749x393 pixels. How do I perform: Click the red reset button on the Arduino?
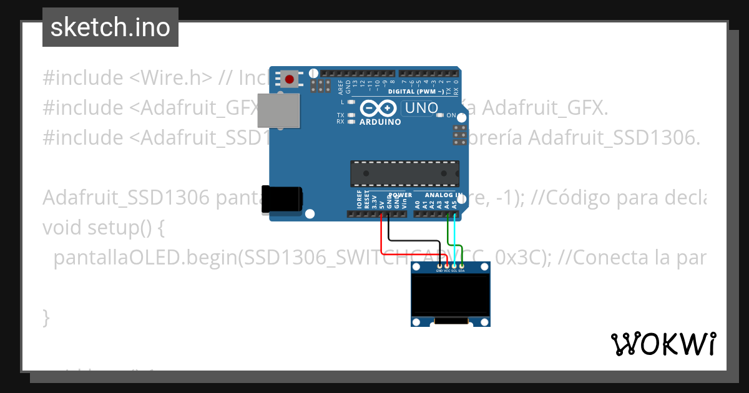point(290,79)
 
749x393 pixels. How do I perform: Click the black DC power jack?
point(281,200)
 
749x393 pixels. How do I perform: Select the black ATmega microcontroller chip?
point(404,173)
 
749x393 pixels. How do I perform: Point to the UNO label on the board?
point(421,108)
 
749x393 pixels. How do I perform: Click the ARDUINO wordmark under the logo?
point(380,122)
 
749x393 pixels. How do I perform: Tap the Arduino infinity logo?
point(379,108)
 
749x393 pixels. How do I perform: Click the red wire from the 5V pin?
point(382,240)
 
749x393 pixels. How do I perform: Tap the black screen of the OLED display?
point(450,296)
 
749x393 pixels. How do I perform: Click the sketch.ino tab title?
point(110,27)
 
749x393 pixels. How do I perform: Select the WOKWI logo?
point(663,344)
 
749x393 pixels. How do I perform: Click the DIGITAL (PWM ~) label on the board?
point(416,92)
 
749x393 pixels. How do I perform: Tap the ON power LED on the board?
point(441,115)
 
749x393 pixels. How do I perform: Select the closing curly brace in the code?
point(46,317)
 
